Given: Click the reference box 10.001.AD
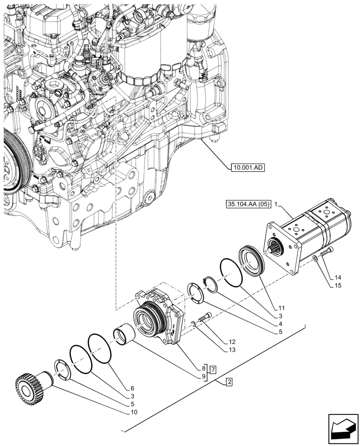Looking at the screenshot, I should (247, 168).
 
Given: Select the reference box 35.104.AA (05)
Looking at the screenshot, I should (248, 205).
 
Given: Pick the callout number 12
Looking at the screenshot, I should (232, 342).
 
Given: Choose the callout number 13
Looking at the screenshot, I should (232, 351).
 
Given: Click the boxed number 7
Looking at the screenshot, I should (214, 369).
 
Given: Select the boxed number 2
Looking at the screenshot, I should (229, 382).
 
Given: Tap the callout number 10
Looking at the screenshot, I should (134, 412).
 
